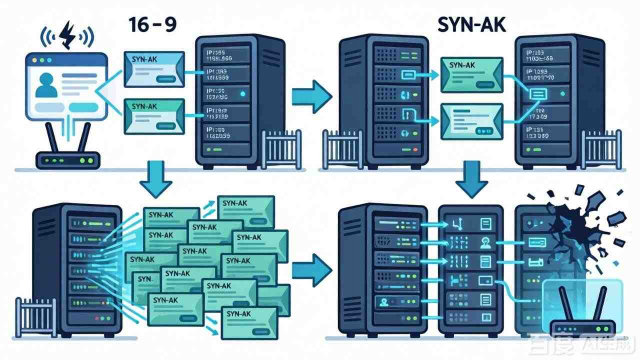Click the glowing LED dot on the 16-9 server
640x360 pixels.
pos(243,93)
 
